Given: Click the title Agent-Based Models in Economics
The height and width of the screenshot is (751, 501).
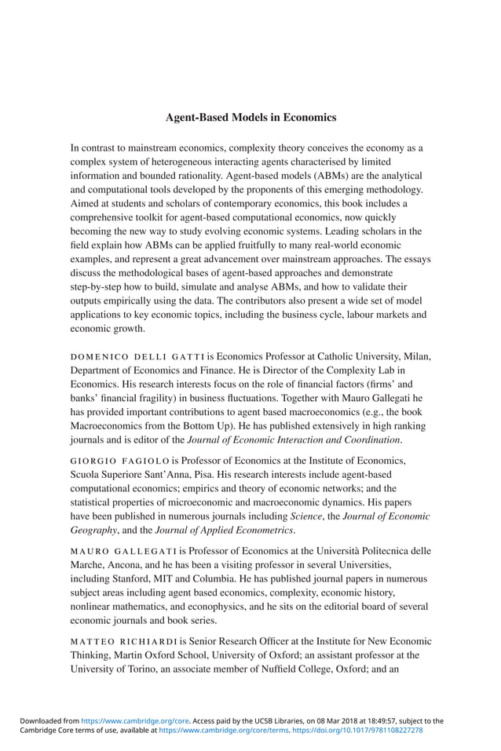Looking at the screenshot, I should pos(251,118).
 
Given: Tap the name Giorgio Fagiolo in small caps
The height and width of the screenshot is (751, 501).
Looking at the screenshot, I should pos(118,460).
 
